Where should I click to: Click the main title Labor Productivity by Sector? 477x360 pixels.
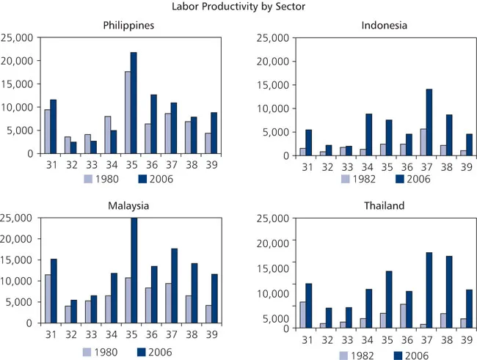(x=238, y=7)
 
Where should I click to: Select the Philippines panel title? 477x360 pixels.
(x=128, y=26)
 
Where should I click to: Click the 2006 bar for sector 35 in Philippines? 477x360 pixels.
(x=134, y=103)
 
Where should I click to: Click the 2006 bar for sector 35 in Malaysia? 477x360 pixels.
(x=134, y=270)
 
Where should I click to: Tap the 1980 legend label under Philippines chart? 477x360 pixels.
(x=105, y=178)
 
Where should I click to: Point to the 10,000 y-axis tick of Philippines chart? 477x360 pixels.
(x=15, y=107)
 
